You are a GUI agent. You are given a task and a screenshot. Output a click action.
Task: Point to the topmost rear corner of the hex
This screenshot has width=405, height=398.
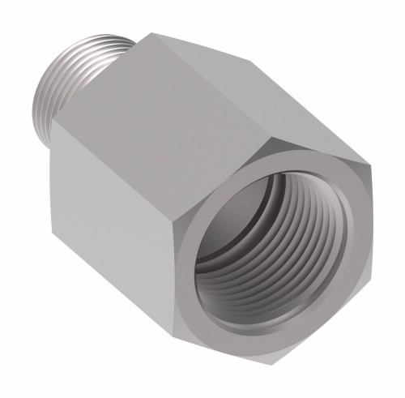coord(154,32)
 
